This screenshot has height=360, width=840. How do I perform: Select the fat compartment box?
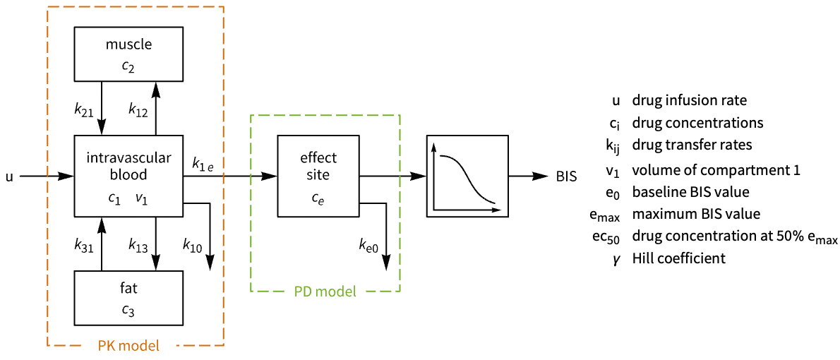click(128, 299)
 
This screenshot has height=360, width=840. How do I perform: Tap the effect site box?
click(318, 176)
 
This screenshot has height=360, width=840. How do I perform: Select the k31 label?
click(85, 245)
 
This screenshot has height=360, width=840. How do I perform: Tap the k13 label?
click(138, 245)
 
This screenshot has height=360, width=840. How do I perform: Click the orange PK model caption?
click(128, 346)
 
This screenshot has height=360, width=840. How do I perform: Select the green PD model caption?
click(325, 291)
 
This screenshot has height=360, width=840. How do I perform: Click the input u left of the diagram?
click(9, 176)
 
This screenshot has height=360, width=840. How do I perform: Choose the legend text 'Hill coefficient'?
click(678, 258)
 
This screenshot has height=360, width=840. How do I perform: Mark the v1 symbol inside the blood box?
click(142, 200)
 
